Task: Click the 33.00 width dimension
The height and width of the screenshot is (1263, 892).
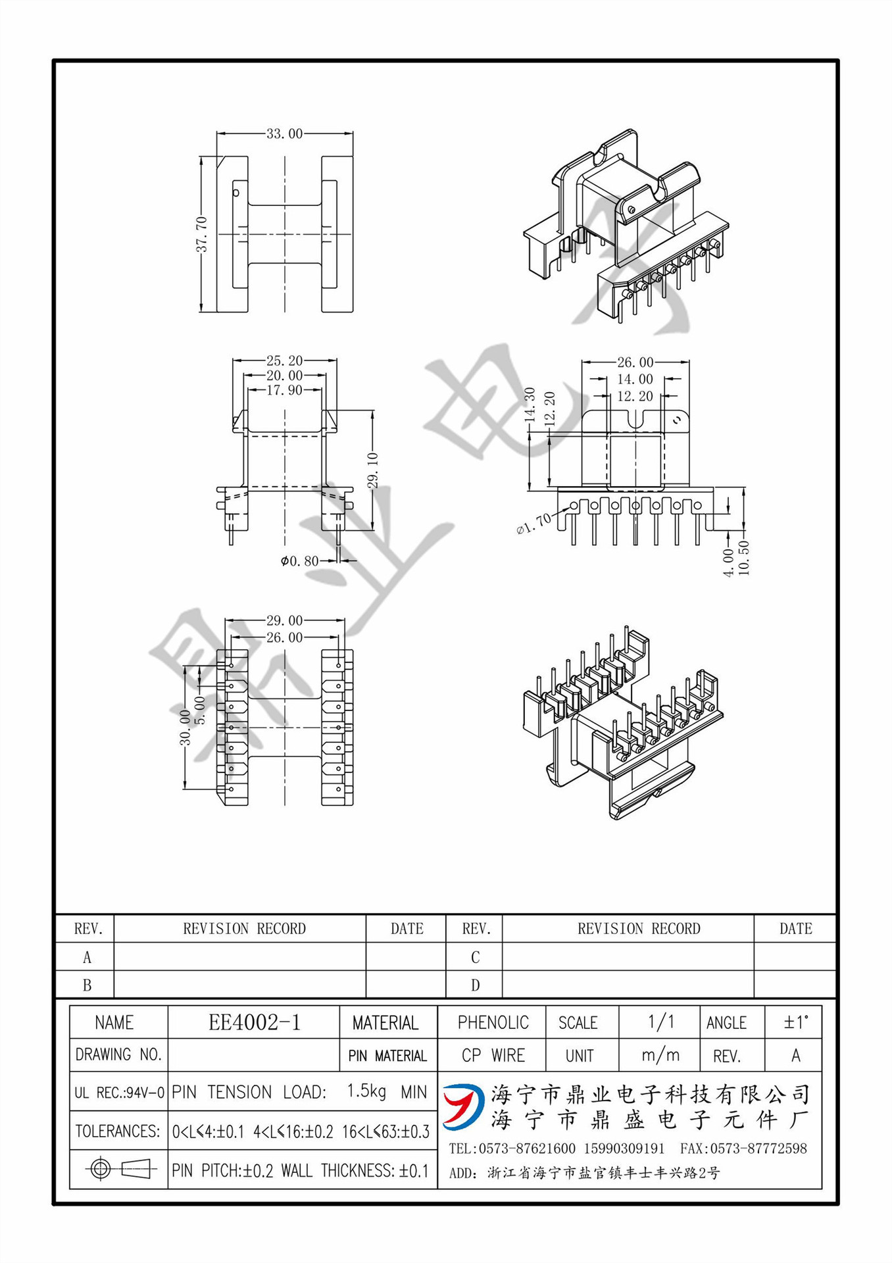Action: click(284, 134)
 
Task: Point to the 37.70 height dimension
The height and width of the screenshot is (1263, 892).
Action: click(201, 235)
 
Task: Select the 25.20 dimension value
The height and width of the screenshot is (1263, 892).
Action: click(284, 360)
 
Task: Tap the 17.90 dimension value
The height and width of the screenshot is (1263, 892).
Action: click(284, 390)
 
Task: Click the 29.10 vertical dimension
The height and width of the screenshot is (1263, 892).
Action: click(373, 470)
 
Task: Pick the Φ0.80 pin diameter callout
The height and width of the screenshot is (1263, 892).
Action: click(299, 561)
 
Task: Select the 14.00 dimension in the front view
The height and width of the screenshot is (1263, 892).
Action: click(635, 379)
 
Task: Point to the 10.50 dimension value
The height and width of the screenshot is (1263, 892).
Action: click(744, 558)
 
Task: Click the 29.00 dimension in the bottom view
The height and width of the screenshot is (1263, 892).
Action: click(284, 620)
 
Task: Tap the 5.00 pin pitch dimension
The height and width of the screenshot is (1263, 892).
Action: click(201, 710)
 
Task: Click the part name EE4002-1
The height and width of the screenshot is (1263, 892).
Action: click(254, 1022)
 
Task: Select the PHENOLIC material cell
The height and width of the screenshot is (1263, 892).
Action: click(493, 1022)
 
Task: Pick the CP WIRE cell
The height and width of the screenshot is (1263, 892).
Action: click(493, 1055)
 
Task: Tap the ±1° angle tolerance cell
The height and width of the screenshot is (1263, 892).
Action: click(795, 1022)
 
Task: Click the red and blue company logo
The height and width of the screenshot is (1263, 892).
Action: click(462, 1106)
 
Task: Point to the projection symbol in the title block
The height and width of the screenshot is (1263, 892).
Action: click(119, 1169)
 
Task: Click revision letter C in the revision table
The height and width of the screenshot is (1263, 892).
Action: click(475, 957)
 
